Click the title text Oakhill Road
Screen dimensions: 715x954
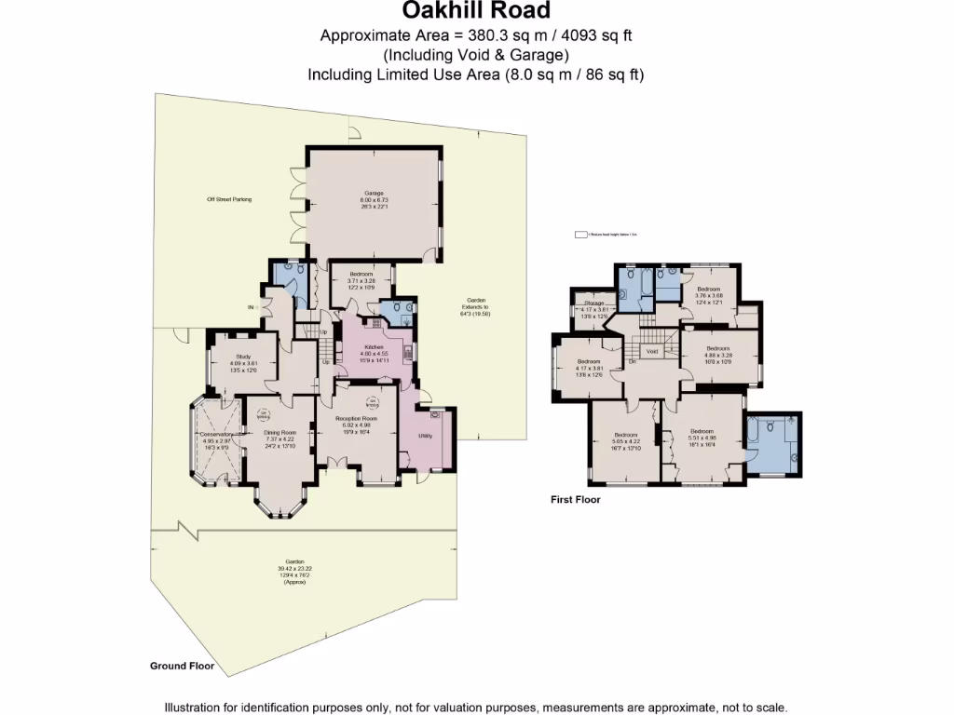(x=476, y=11)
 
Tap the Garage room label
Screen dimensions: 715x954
(x=373, y=194)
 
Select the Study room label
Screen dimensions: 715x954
(x=243, y=356)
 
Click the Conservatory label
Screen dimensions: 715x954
(x=215, y=434)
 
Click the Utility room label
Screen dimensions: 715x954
(x=423, y=434)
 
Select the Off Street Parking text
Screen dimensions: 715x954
(x=229, y=199)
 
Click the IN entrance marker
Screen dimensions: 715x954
(x=251, y=307)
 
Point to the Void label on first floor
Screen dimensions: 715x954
(x=653, y=352)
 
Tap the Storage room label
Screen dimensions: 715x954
(x=594, y=304)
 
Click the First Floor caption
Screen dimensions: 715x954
(x=576, y=500)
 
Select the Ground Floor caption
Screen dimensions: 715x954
(x=182, y=666)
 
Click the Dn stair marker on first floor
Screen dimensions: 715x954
(x=631, y=360)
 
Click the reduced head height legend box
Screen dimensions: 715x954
(x=580, y=236)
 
